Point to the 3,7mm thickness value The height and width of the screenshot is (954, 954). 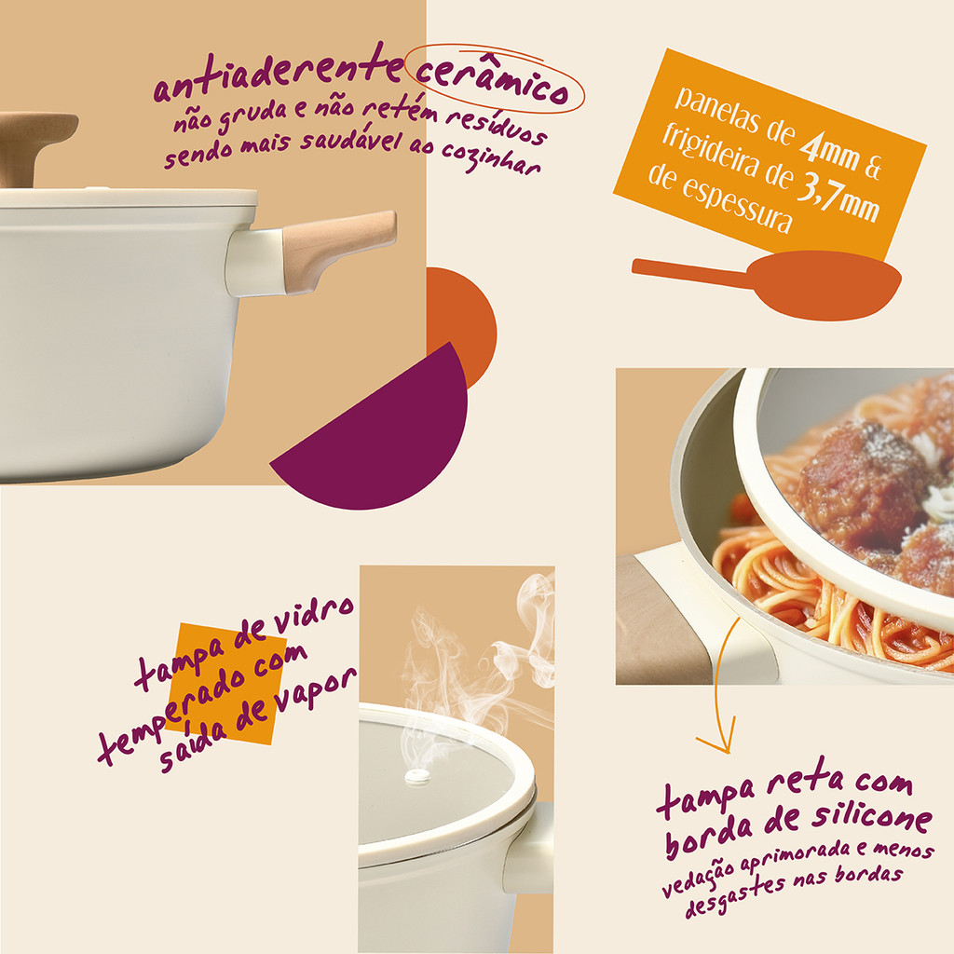point(838,195)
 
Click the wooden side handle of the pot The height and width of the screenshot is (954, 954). point(338,249)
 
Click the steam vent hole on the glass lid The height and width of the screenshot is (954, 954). point(418,776)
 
